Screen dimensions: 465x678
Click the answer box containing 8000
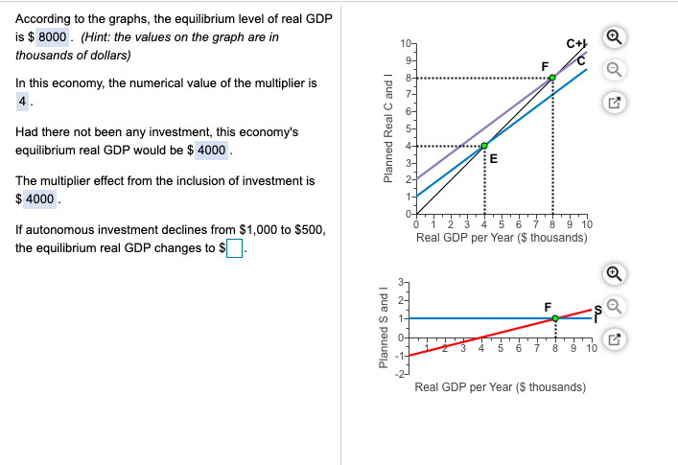(52, 36)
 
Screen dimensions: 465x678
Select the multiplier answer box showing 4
(20, 102)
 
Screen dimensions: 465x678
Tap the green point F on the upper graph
(552, 77)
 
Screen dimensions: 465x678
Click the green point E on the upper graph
(483, 146)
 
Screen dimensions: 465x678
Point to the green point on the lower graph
(555, 317)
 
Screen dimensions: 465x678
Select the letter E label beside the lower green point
(493, 159)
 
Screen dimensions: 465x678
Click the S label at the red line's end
(596, 310)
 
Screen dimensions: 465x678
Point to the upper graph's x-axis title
(502, 237)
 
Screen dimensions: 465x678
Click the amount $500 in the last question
(307, 230)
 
